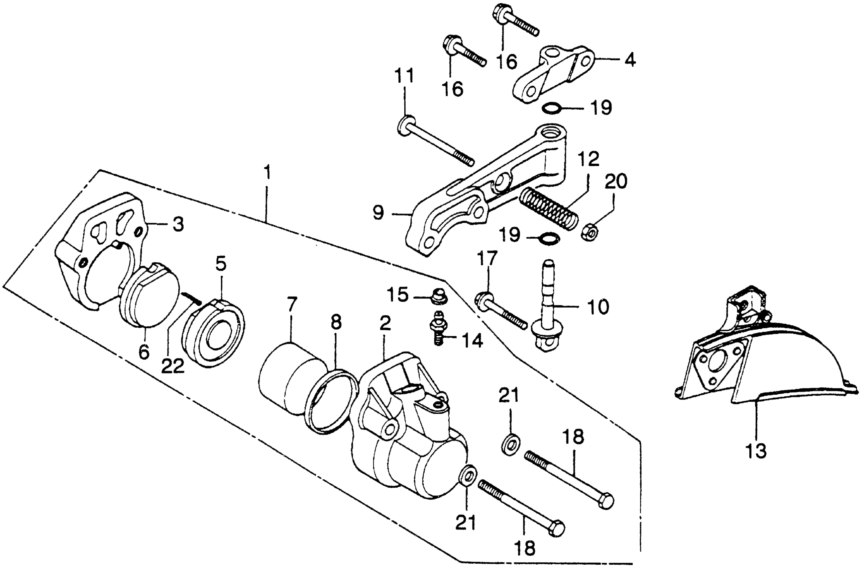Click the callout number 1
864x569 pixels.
coord(267,173)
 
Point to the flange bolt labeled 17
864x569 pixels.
coord(501,312)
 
